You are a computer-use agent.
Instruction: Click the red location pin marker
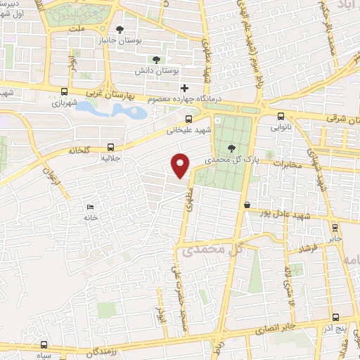pos(181,165)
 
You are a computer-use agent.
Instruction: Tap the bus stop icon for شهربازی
pos(65,91)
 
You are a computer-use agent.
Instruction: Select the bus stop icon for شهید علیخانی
pos(169,118)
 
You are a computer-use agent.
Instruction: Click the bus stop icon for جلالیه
pos(110,147)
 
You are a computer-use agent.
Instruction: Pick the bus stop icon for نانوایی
pos(281,117)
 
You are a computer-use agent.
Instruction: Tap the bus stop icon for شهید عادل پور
pos(247,205)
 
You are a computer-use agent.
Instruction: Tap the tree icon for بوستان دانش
pos(156,60)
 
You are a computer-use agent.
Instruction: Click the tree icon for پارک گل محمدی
pos(233,148)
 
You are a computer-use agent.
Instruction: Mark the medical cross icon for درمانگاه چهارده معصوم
pos(184,89)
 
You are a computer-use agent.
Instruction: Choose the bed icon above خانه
pos(89,207)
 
